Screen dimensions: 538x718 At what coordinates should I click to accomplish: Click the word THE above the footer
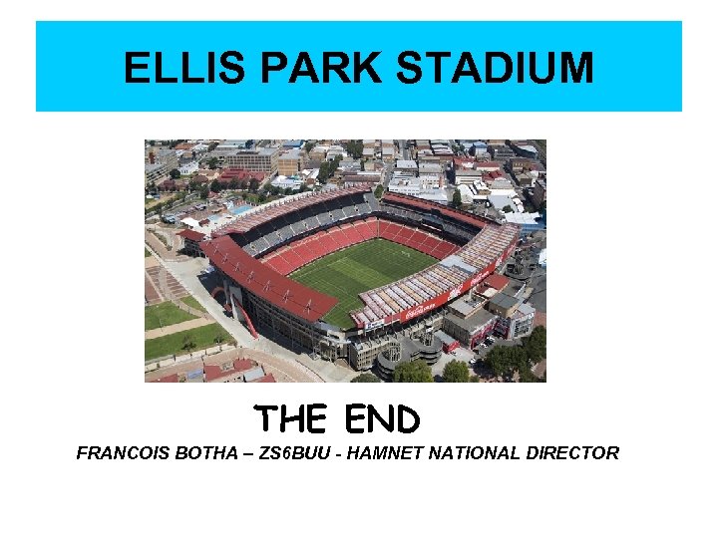[x=290, y=419]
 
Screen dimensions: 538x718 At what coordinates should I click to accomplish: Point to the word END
[x=382, y=419]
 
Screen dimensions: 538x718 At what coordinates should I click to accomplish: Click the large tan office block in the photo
[x=249, y=159]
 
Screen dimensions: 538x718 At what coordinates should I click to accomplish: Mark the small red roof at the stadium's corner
[x=192, y=236]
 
